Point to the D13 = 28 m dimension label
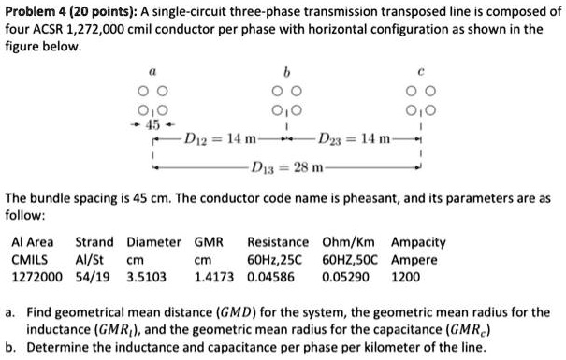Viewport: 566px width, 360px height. pos(289,168)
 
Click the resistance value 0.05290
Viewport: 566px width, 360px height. pos(346,278)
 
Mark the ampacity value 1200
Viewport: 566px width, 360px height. pos(407,278)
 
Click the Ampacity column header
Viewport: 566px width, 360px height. pos(419,242)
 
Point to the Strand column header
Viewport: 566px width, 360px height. pos(94,242)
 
